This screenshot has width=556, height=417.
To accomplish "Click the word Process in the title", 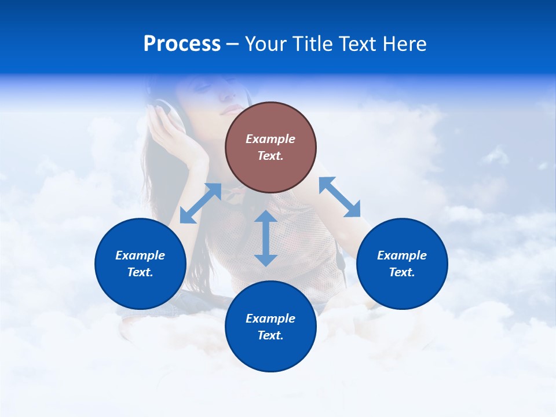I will [x=182, y=44].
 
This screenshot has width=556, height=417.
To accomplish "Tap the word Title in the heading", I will [x=313, y=44].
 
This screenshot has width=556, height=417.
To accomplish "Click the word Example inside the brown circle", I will [x=270, y=139].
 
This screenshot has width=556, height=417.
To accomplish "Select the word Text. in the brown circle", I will [x=270, y=156].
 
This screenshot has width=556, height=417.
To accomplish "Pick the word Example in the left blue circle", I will [x=140, y=255].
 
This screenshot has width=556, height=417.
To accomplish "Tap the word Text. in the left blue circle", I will [x=140, y=272].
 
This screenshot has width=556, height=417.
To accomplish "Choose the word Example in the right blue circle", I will [x=402, y=255].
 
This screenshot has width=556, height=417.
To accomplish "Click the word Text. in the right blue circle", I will [x=402, y=272].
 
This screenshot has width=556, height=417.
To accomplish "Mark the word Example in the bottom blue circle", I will [x=270, y=319].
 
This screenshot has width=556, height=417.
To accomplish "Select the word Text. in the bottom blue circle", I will [x=270, y=335].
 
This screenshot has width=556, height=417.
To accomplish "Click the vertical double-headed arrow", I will [x=266, y=238].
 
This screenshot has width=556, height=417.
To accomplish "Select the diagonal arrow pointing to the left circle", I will [x=200, y=203].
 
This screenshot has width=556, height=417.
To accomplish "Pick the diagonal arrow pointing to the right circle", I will [x=340, y=197].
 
